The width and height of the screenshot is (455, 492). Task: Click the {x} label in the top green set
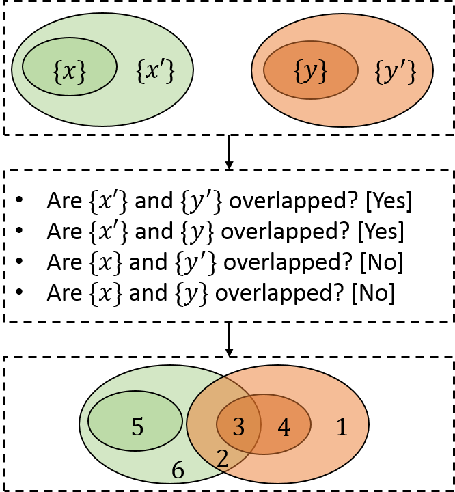70,70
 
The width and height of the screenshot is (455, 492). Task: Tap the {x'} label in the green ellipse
155,70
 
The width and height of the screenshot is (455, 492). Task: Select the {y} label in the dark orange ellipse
311,71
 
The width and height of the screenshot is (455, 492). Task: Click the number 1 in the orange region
342,428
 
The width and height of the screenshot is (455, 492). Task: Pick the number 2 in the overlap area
222,459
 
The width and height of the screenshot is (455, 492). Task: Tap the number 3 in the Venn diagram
238,428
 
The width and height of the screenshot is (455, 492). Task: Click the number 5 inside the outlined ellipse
137,427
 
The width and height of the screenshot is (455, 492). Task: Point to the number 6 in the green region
178,470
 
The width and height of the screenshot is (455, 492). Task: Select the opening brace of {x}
57,71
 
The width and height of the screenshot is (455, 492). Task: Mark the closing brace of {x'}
171,71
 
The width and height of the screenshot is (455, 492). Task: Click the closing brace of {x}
83,71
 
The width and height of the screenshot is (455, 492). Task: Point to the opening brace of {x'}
139,71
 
